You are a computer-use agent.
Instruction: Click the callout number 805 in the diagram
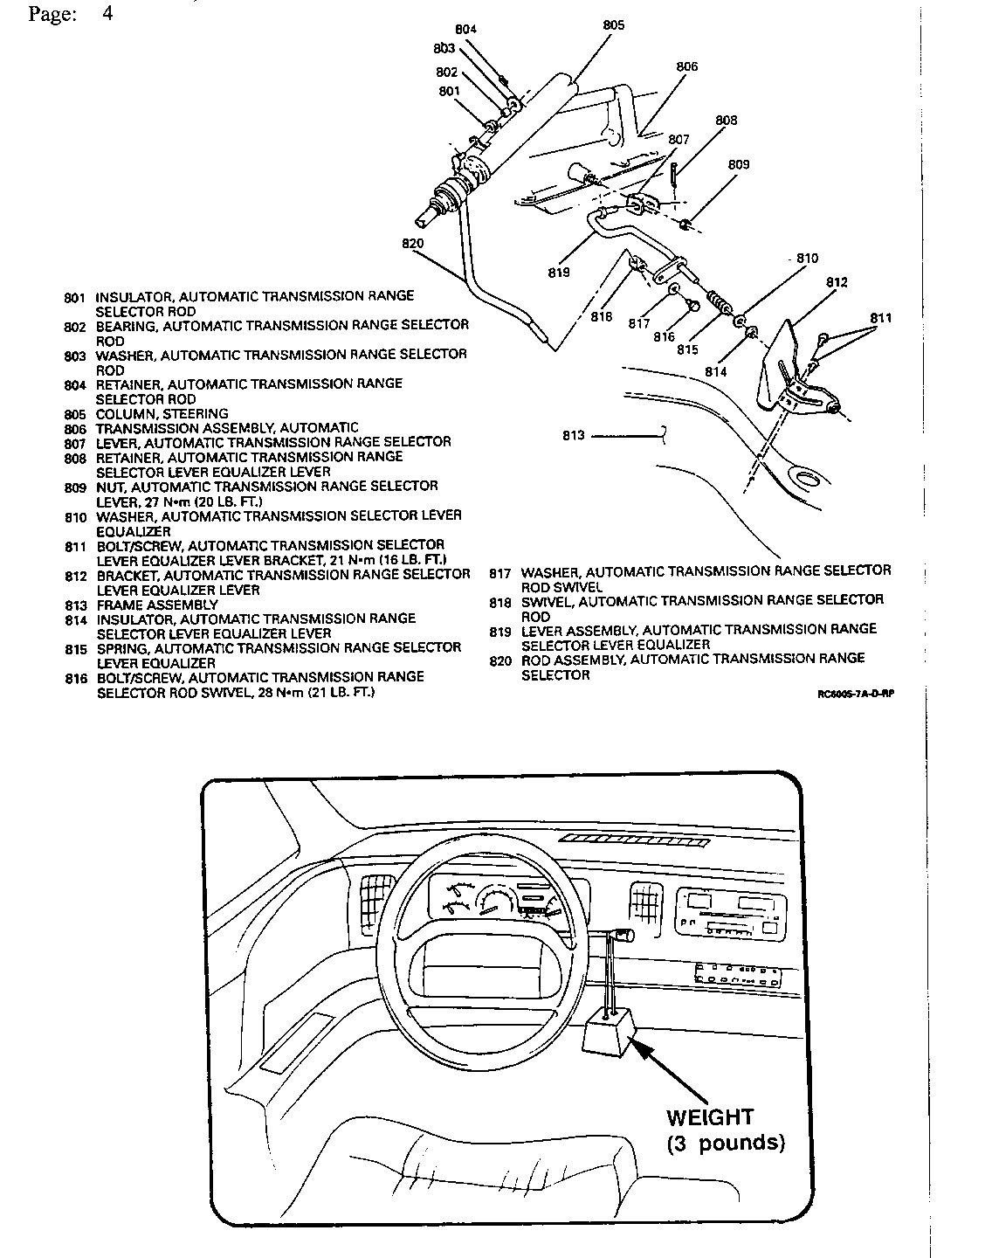(x=614, y=25)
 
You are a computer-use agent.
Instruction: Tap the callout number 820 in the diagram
(x=413, y=244)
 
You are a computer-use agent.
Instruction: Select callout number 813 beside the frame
(x=574, y=435)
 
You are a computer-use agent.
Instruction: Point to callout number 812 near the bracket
(x=837, y=283)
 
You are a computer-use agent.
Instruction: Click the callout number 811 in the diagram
(x=881, y=318)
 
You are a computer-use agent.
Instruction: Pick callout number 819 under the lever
(x=559, y=273)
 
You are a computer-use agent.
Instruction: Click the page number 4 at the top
(x=107, y=14)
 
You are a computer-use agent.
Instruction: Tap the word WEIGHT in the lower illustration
(x=709, y=1116)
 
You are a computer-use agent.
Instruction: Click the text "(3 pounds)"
(x=726, y=1143)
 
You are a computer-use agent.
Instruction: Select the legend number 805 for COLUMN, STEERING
(x=75, y=414)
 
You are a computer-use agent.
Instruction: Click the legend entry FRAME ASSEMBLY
(x=157, y=605)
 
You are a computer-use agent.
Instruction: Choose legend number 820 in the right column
(x=500, y=661)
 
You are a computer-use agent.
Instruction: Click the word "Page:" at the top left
(x=51, y=15)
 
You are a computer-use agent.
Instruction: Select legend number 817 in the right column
(x=500, y=574)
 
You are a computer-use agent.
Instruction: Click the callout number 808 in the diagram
(x=726, y=121)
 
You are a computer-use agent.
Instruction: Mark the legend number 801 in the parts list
(x=75, y=298)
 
